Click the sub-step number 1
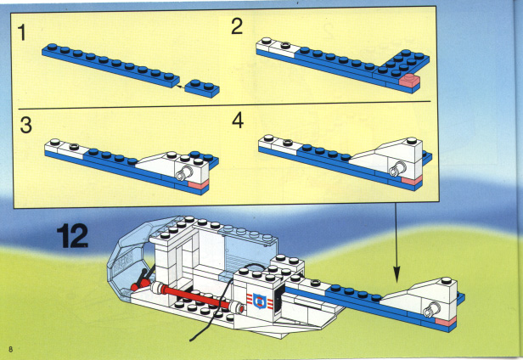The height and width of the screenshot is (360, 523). point(22,33)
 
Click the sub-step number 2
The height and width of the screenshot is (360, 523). point(237,26)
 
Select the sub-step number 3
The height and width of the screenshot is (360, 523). point(26,125)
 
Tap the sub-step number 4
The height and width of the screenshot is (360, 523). point(238,121)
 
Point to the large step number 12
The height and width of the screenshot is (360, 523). point(73,236)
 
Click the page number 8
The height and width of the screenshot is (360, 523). point(11,349)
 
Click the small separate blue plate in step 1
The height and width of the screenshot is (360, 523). point(202,88)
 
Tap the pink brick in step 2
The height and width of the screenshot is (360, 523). point(410,81)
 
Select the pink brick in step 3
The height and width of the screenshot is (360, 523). point(198,184)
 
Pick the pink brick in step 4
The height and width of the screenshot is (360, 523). point(412,180)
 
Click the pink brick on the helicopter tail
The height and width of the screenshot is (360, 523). point(446,321)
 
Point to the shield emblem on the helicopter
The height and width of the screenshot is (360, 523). point(258,301)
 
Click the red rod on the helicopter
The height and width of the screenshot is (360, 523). point(197,296)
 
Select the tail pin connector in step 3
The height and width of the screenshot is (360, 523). point(183,173)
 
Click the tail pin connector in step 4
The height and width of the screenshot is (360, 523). point(397,169)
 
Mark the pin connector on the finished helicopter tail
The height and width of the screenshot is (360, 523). point(431,309)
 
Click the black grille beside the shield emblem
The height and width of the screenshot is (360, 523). point(278,302)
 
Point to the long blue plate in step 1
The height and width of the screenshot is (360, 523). point(110,65)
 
